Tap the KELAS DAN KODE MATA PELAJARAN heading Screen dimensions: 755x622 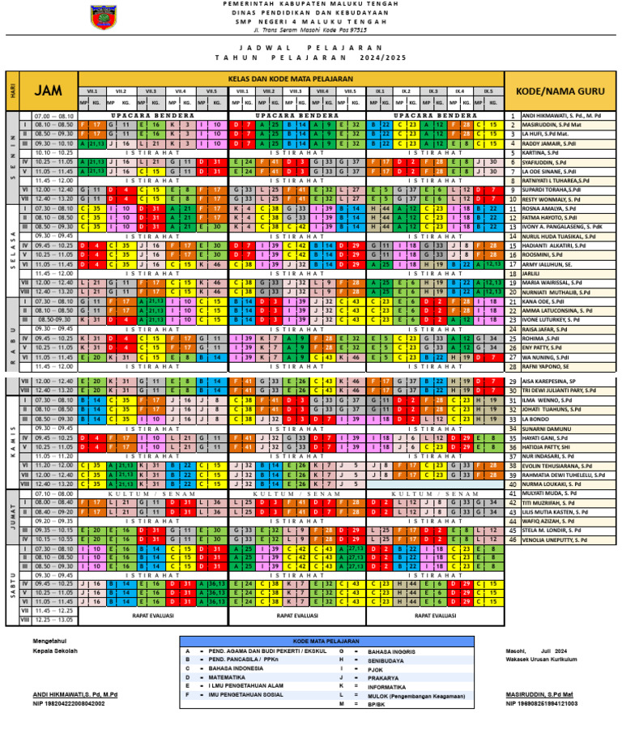click(291, 77)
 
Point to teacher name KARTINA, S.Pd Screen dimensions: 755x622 click(539, 152)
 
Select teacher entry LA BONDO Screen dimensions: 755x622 click(535, 419)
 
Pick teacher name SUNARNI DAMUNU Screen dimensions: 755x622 click(544, 429)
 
